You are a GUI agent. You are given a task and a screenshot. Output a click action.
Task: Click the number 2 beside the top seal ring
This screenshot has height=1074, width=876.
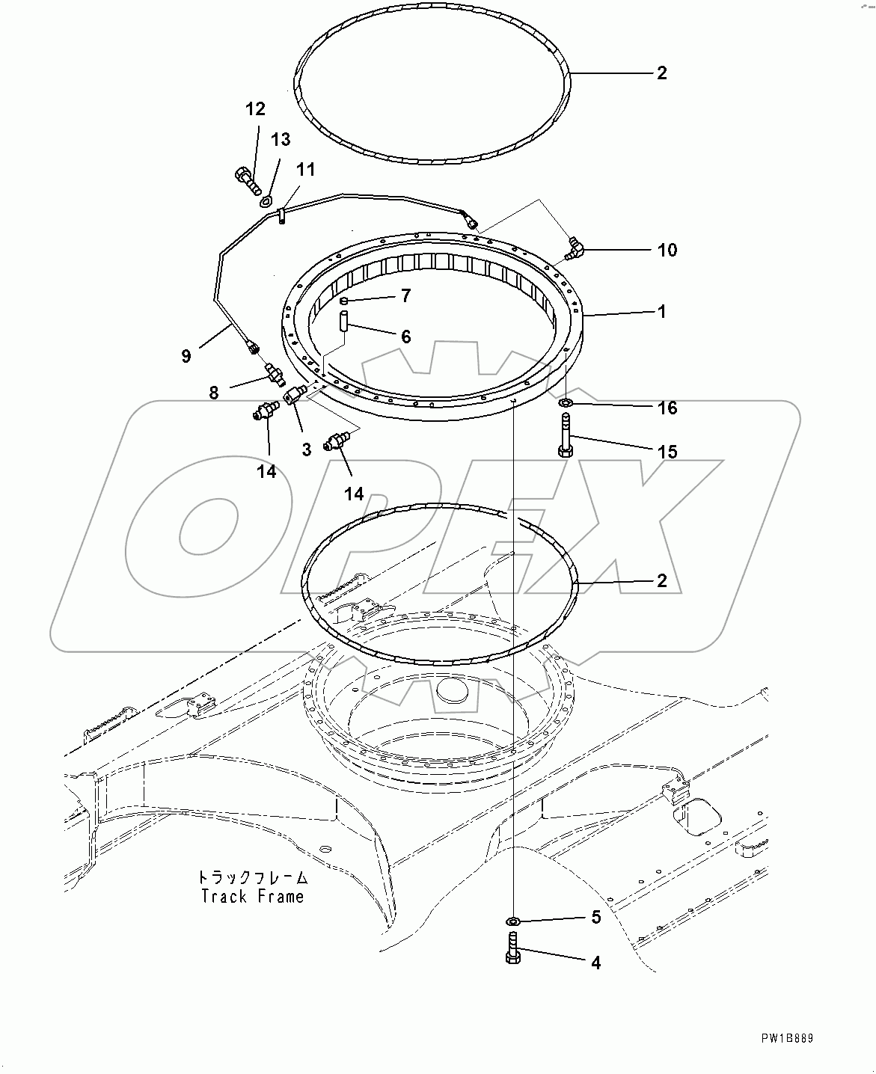coord(661,73)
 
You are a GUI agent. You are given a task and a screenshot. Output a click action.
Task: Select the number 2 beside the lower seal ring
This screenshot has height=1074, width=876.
coord(661,580)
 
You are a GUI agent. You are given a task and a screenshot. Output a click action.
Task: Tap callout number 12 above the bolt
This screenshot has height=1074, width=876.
coord(255,109)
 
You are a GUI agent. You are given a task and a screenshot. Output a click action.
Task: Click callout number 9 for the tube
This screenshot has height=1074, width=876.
coord(186,356)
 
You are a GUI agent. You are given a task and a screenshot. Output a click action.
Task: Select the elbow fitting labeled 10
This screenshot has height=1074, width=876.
coord(575,248)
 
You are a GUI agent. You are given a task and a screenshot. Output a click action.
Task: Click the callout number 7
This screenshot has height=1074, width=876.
coord(405,295)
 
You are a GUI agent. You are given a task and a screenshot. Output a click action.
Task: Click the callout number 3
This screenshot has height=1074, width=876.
coord(307,450)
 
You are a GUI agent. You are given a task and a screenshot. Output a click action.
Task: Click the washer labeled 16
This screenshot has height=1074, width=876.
coord(566,404)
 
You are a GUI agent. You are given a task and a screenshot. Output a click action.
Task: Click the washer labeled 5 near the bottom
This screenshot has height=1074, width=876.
coord(512,920)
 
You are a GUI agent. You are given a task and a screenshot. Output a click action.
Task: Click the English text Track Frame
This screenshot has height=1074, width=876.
coord(253,896)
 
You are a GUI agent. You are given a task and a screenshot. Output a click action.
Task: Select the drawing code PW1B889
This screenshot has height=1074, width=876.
coord(787,1039)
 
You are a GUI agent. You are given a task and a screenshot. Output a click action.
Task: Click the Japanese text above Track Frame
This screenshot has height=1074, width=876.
coord(253,877)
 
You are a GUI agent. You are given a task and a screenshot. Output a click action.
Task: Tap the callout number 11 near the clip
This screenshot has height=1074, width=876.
coord(305,170)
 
